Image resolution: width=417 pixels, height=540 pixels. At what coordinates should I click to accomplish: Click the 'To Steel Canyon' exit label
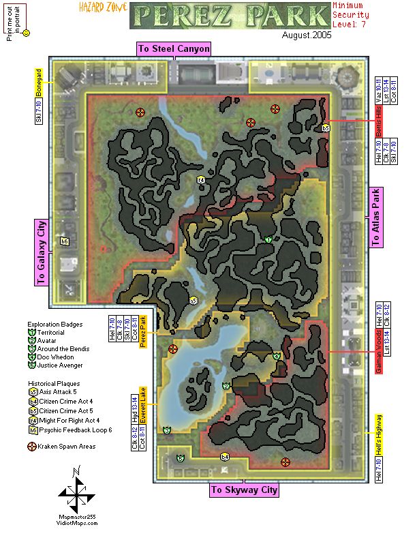(x=174, y=49)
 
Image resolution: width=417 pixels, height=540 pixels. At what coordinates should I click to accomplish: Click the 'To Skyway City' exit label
(x=244, y=490)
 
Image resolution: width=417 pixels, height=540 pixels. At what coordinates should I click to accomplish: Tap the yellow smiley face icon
(x=26, y=33)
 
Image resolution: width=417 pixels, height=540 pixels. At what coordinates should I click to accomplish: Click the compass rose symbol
(x=76, y=492)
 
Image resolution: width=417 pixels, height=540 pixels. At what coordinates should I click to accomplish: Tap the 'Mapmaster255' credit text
(x=76, y=516)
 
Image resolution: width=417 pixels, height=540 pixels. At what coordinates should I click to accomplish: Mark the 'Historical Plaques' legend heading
(x=53, y=383)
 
